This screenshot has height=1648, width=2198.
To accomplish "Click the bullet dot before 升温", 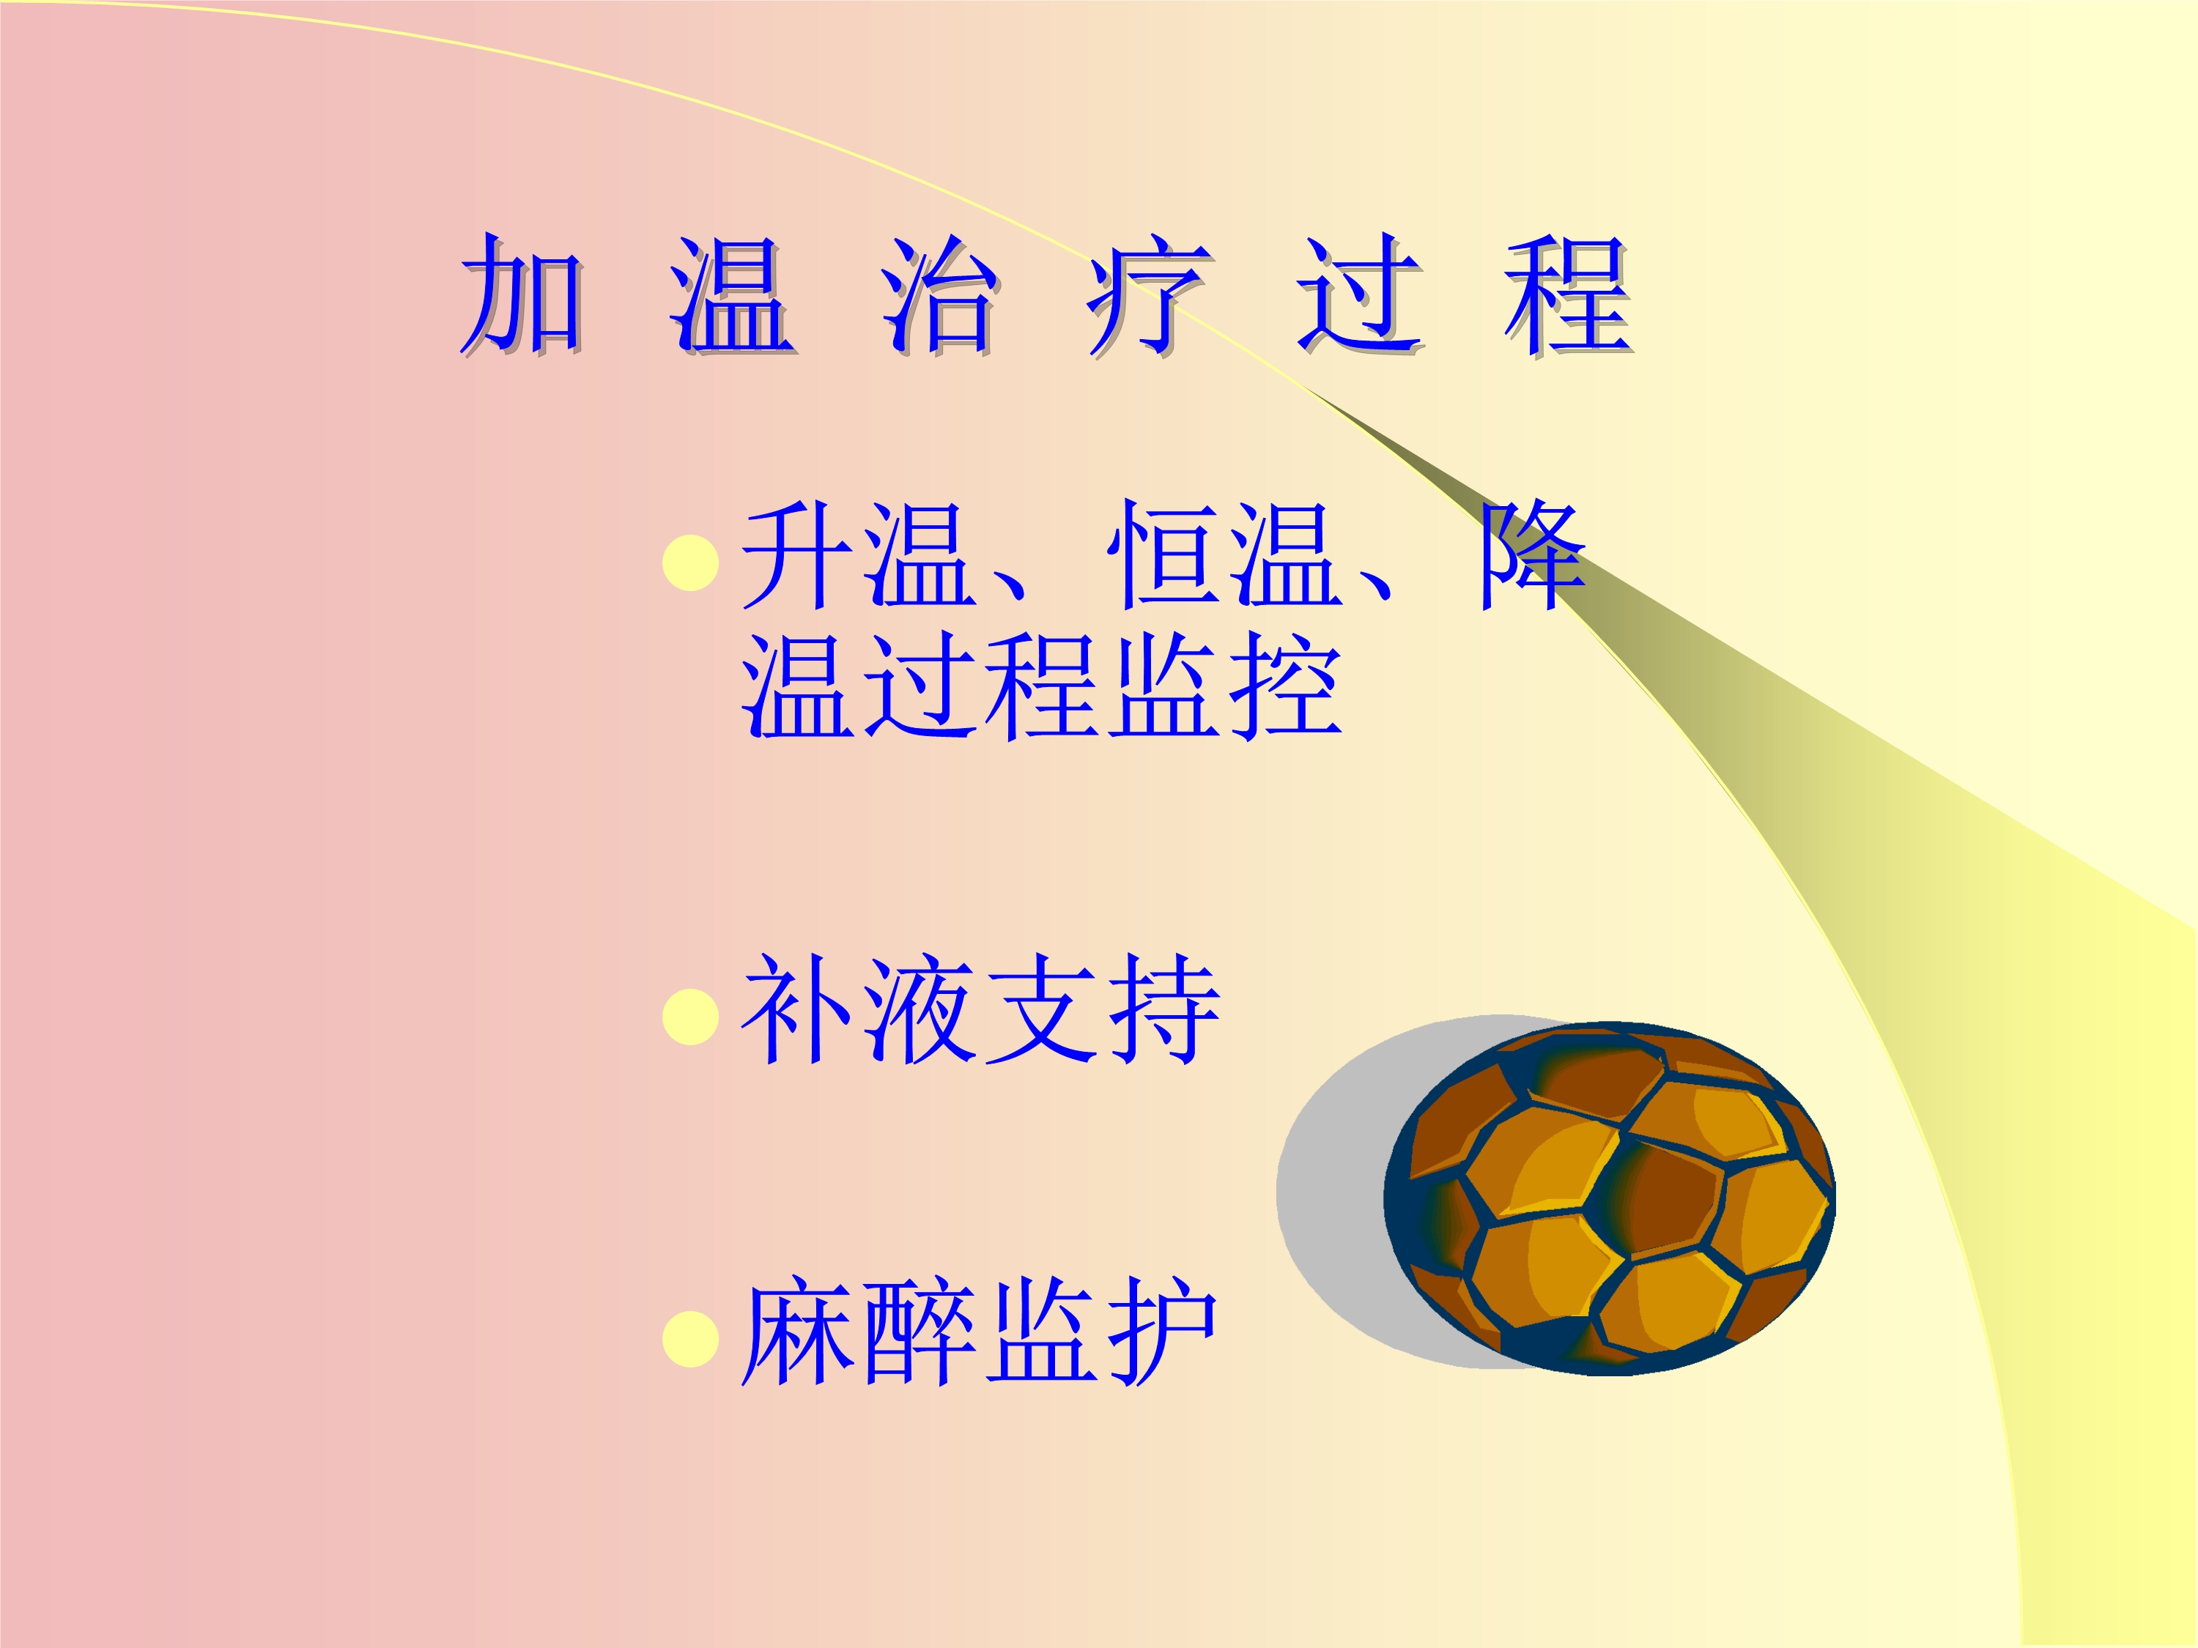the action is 691,563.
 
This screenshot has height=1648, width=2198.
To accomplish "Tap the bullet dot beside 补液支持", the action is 691,1017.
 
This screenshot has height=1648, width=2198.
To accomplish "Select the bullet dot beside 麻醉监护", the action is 691,1339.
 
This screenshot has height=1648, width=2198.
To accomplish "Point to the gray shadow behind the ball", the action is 1331,1192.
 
